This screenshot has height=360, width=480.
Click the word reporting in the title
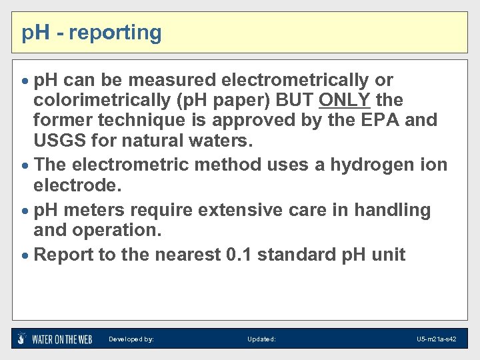pos(115,33)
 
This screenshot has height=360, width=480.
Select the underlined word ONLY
pos(345,100)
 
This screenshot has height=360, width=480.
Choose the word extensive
pos(246,210)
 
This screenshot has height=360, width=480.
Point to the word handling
pos(393,210)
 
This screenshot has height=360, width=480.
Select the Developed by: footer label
pos(131,339)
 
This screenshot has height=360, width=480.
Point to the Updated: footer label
pos(261,339)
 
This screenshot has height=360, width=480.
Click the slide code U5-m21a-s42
pos(436,339)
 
